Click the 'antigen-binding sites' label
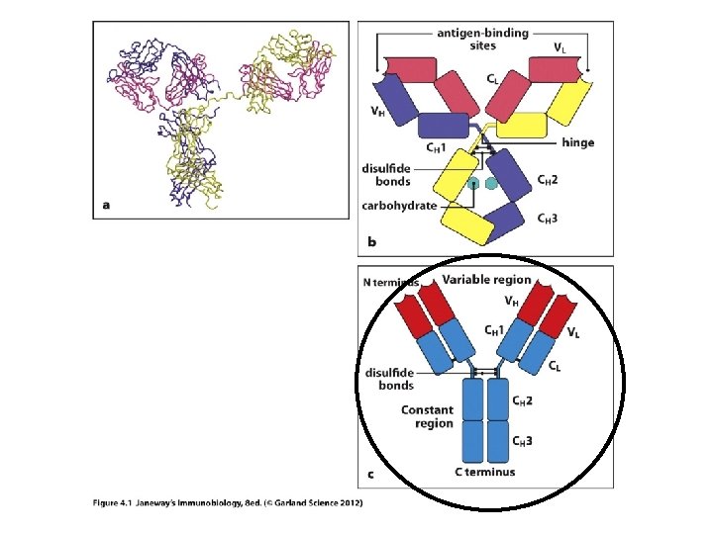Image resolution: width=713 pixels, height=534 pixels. [x=482, y=40]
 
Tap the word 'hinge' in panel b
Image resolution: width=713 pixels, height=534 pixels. [x=577, y=142]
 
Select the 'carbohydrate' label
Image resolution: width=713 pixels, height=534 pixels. [x=398, y=207]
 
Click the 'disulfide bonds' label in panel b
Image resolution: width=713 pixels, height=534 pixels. [x=385, y=175]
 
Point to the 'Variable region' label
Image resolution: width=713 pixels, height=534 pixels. [x=486, y=280]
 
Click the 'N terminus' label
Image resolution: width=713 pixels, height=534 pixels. [x=397, y=282]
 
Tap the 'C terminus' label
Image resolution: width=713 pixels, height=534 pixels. [x=485, y=472]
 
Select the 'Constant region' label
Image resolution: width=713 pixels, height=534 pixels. [x=427, y=416]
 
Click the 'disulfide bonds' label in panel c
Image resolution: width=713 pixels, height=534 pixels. [x=389, y=379]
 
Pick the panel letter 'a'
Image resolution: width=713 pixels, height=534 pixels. [x=106, y=206]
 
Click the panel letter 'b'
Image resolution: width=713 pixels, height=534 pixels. [x=371, y=241]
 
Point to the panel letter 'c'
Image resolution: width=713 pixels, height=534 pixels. [x=370, y=475]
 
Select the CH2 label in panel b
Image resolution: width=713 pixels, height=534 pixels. [x=547, y=179]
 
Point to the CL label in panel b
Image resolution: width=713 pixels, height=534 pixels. [x=492, y=78]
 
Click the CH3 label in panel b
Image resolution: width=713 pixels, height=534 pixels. [x=547, y=219]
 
